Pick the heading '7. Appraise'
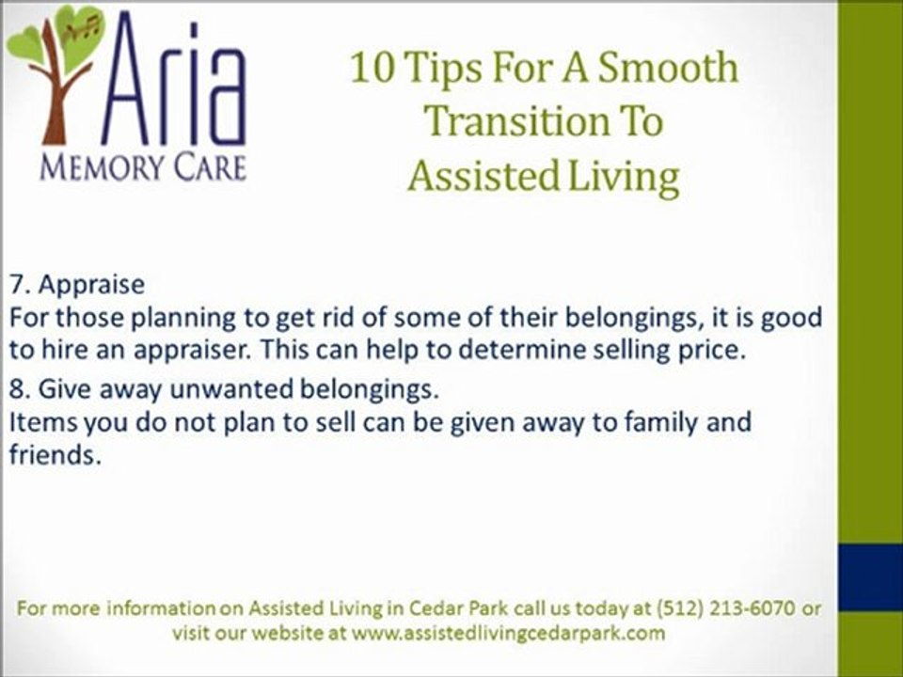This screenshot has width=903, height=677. pyautogui.click(x=77, y=285)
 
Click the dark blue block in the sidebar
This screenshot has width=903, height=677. pyautogui.click(x=870, y=576)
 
